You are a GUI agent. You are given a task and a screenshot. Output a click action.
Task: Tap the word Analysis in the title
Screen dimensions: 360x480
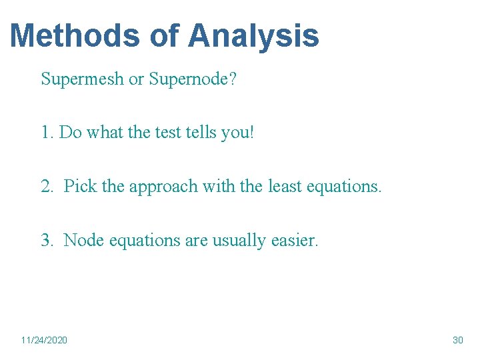[x=253, y=35]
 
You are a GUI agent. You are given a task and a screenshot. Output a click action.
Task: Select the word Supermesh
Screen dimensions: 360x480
[x=83, y=79]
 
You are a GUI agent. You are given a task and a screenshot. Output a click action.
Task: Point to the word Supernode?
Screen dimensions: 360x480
[x=193, y=79]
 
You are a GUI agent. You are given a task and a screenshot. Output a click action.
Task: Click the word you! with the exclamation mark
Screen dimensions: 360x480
[x=241, y=133]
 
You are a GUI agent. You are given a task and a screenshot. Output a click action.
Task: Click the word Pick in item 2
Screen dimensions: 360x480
[x=80, y=186]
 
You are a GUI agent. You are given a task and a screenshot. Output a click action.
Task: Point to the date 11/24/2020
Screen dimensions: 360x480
[x=44, y=341]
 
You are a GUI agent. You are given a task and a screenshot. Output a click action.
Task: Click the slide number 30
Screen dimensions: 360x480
[x=457, y=341]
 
